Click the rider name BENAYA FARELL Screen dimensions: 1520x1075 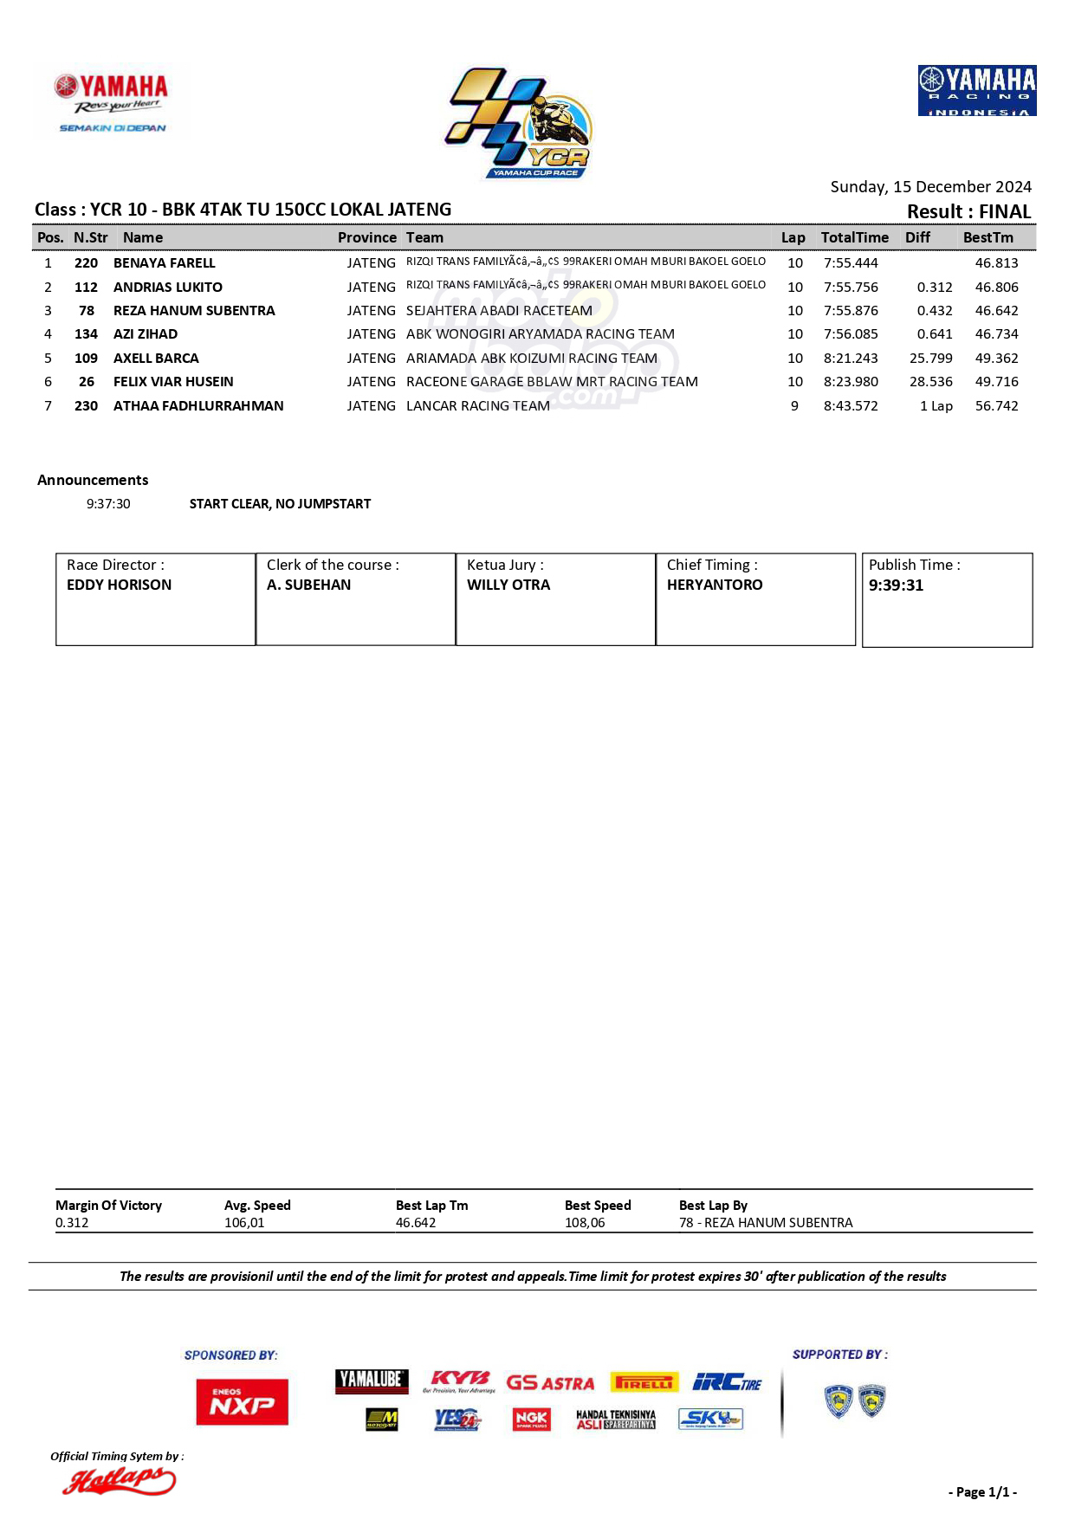click(165, 262)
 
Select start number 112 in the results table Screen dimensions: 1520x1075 click(86, 287)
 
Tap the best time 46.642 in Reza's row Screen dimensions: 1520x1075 click(996, 310)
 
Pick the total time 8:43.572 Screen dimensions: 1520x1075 click(851, 405)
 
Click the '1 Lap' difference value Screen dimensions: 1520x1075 click(936, 405)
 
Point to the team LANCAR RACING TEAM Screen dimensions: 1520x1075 click(477, 405)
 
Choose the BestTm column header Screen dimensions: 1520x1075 click(988, 237)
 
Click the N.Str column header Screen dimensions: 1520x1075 click(90, 237)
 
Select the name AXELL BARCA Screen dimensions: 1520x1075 click(156, 358)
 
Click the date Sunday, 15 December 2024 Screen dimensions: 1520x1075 click(930, 186)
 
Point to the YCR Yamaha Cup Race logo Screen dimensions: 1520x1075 click(519, 124)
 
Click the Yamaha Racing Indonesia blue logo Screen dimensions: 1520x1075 click(976, 90)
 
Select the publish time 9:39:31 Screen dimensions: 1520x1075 click(896, 585)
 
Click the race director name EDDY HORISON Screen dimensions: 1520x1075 click(119, 585)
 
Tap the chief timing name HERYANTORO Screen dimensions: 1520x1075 click(715, 585)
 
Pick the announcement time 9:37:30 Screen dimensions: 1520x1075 click(108, 503)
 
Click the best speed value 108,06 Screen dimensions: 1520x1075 click(585, 1222)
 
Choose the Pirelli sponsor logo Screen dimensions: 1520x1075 click(644, 1382)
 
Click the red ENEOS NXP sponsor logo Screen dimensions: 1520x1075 click(242, 1401)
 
